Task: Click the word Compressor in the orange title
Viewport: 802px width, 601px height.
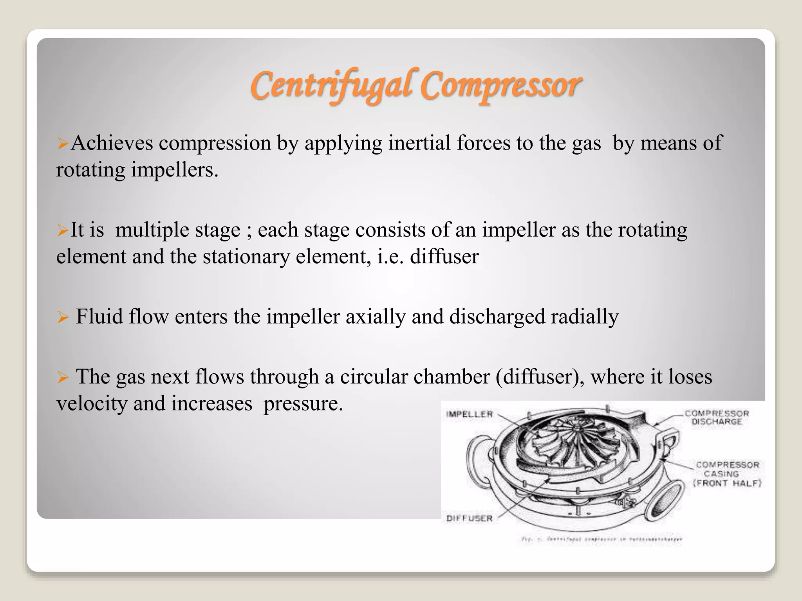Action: coord(501,85)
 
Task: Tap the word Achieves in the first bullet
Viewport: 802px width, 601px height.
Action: coord(112,143)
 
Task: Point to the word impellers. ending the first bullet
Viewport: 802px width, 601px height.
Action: coord(174,170)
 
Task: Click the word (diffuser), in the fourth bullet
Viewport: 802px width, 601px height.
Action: coord(540,376)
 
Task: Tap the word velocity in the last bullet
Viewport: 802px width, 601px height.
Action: coord(92,403)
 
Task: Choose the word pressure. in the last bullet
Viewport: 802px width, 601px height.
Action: coord(303,404)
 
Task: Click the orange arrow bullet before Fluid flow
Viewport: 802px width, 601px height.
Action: coord(63,317)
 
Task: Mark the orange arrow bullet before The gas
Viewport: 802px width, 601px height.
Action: coord(63,377)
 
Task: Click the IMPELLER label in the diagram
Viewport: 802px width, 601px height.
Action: coord(469,414)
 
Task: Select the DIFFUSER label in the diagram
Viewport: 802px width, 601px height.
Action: coord(469,518)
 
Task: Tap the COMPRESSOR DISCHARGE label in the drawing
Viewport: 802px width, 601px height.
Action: coord(717,417)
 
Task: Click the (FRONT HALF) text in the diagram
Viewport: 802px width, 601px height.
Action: coord(727,483)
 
